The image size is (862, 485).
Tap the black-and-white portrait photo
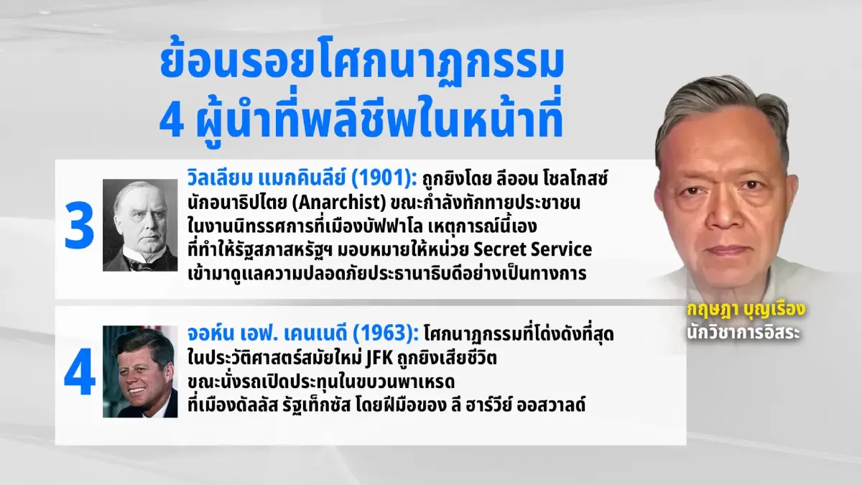point(139,225)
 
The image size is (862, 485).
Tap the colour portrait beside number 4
point(139,371)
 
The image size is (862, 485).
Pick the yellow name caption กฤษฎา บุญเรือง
point(743,311)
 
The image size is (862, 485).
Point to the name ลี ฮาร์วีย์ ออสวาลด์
point(528,405)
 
